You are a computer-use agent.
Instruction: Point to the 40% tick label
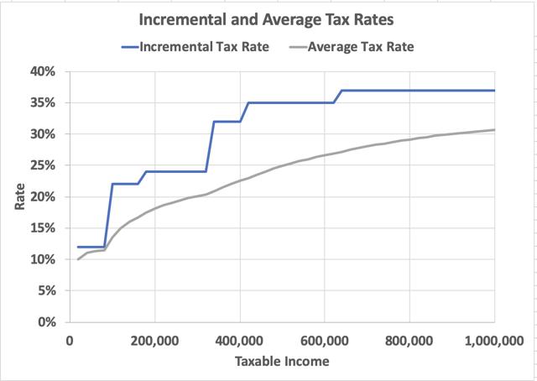pyautogui.click(x=43, y=71)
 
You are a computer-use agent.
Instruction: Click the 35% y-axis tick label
pyautogui.click(x=43, y=102)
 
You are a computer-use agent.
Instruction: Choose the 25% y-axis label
pyautogui.click(x=43, y=165)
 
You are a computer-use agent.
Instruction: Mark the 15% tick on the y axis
pyautogui.click(x=43, y=228)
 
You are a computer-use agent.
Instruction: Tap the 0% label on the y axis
pyautogui.click(x=46, y=322)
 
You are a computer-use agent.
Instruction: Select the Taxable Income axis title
pyautogui.click(x=281, y=362)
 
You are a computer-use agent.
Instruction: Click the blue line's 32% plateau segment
pyautogui.click(x=227, y=122)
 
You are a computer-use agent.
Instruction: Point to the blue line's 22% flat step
pyautogui.click(x=125, y=184)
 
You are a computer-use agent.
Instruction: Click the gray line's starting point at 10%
pyautogui.click(x=78, y=259)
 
